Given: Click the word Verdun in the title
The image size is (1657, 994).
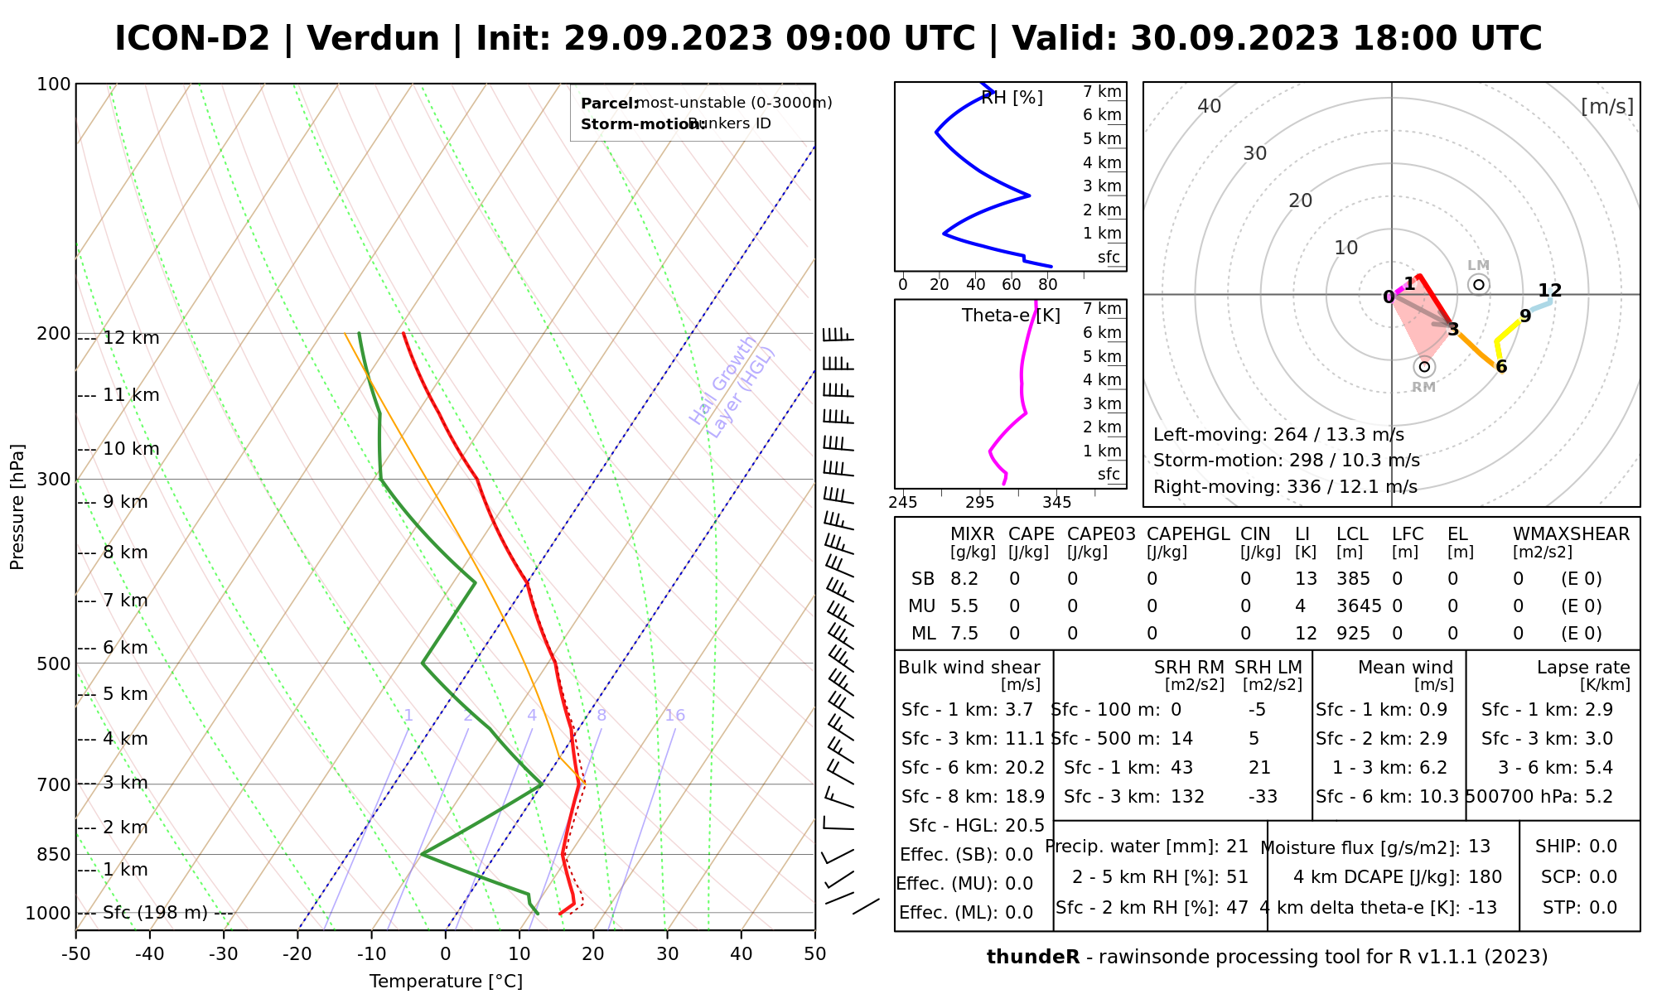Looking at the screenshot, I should point(373,39).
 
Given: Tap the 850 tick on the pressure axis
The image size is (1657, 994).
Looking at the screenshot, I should point(53,854).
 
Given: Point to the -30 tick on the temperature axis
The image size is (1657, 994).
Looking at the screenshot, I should point(224,954).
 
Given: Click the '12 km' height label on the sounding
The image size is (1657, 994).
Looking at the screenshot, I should point(131,338).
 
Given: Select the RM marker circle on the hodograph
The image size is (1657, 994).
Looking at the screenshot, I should point(1424,367).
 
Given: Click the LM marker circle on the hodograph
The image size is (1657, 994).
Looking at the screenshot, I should point(1479,285).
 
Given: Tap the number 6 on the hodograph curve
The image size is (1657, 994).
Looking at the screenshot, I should point(1501,367).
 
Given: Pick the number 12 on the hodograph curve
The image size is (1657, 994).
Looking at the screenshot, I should point(1549,291).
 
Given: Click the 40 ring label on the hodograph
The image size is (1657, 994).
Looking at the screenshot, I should point(1210,106).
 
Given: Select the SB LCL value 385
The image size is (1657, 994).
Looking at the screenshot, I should point(1353,579).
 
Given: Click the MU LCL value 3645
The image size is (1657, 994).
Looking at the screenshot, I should point(1359,606).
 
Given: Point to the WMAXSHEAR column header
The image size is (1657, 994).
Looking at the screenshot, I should point(1571,534).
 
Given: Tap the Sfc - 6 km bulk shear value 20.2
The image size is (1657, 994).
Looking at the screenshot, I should point(1024,768).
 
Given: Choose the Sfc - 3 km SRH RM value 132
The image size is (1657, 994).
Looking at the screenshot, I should point(1187,797).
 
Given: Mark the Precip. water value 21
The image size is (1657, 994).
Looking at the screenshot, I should point(1237,847).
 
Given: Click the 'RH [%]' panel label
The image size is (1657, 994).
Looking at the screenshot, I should point(1012,98).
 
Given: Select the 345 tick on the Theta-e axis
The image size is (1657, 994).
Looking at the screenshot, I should point(1056,503).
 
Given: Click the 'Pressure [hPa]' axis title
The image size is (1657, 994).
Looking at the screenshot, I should point(17,507).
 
